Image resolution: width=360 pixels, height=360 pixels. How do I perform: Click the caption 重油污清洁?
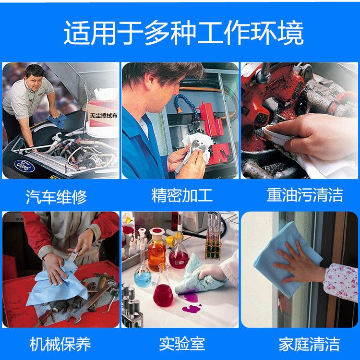(x=305, y=195)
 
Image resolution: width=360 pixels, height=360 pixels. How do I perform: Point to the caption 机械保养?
(x=60, y=344)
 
